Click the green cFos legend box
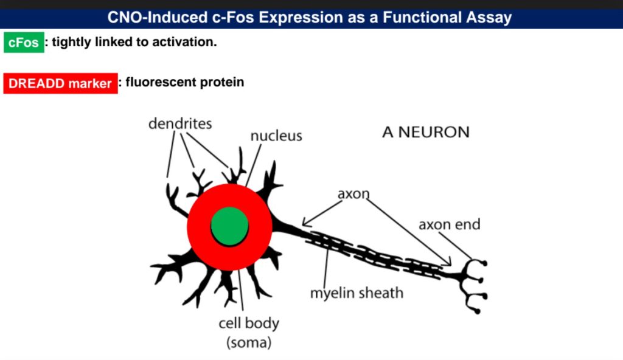click(x=24, y=43)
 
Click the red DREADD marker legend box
click(x=60, y=83)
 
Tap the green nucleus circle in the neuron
click(x=229, y=226)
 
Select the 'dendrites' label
click(x=180, y=123)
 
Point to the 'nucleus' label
click(x=276, y=136)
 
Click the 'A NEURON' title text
click(x=426, y=133)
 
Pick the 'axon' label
click(x=353, y=194)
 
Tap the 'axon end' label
click(x=450, y=224)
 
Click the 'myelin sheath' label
click(x=357, y=293)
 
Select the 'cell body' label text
click(x=249, y=324)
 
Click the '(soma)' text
click(x=249, y=342)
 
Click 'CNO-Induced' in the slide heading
click(x=158, y=18)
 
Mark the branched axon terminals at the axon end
click(x=473, y=285)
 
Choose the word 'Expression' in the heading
click(x=301, y=18)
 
